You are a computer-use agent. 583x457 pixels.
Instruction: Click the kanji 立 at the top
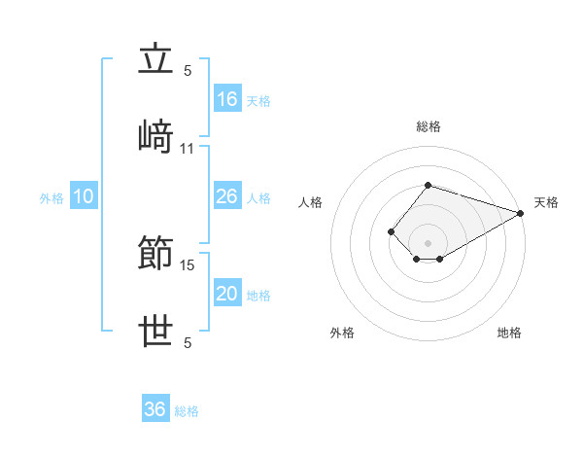click(155, 57)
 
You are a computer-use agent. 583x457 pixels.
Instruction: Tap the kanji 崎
click(155, 136)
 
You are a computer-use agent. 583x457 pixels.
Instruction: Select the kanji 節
click(155, 252)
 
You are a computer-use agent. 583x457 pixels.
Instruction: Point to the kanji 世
click(155, 331)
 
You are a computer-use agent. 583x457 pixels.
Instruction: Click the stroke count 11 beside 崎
click(187, 149)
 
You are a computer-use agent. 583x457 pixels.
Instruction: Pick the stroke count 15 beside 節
click(187, 265)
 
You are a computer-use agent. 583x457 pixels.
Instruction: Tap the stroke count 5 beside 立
click(188, 71)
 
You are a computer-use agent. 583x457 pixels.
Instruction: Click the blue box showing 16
click(227, 98)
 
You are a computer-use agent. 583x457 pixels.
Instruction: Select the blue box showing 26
click(227, 195)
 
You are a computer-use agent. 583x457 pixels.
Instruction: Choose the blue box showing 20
click(227, 292)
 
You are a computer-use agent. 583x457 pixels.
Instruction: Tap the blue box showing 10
click(84, 195)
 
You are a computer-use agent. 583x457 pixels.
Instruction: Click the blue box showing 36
click(155, 407)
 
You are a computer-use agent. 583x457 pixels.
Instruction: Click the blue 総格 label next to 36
click(187, 411)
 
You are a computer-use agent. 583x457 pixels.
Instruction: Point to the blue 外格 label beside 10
click(51, 198)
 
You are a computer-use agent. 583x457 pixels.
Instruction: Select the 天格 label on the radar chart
click(546, 202)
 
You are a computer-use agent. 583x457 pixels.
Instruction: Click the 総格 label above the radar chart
click(429, 126)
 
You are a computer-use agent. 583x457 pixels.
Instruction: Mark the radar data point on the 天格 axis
click(521, 213)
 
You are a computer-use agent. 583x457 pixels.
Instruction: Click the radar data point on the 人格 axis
click(391, 231)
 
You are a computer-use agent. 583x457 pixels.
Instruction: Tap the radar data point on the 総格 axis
click(428, 185)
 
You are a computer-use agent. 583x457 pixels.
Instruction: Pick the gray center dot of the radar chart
click(428, 243)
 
